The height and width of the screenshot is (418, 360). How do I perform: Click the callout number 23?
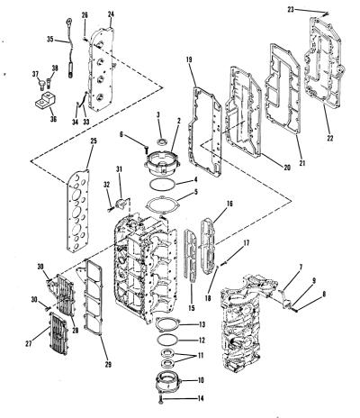(x=291, y=10)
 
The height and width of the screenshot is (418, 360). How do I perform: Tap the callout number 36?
(x=53, y=119)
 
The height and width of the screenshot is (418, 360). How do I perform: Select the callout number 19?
(x=189, y=59)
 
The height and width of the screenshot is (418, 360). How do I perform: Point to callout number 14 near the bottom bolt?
(x=201, y=398)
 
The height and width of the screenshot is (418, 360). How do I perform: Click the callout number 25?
(x=94, y=141)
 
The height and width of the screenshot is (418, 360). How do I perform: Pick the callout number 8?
(x=324, y=295)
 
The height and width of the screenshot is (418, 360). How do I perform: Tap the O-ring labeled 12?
(x=168, y=340)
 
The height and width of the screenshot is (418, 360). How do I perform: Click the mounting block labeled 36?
(x=45, y=100)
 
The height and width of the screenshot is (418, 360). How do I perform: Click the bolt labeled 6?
(x=146, y=149)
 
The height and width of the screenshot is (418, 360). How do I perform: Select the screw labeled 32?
(x=111, y=210)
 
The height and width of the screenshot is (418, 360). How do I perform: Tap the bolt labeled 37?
(x=41, y=85)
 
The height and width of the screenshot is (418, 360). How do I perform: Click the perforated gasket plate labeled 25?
(x=78, y=211)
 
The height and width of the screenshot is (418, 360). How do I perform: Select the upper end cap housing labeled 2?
(x=162, y=164)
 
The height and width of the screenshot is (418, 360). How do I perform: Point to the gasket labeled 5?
(x=162, y=206)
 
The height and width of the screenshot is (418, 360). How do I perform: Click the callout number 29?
(x=108, y=364)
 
